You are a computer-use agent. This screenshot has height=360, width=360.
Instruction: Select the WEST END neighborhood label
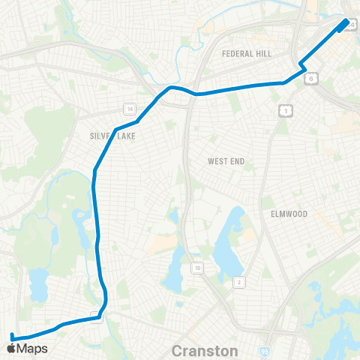pyautogui.click(x=226, y=161)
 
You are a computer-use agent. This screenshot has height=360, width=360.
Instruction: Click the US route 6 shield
pyautogui.click(x=311, y=76)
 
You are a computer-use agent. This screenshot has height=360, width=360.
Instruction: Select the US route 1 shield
pyautogui.click(x=285, y=110)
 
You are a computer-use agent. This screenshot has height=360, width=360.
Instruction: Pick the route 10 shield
pyautogui.click(x=196, y=267)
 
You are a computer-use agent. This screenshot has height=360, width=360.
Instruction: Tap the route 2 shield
pyautogui.click(x=238, y=281)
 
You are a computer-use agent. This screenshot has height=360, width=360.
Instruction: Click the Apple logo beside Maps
pyautogui.click(x=11, y=348)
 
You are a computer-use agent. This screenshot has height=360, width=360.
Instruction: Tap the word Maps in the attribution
pyautogui.click(x=32, y=348)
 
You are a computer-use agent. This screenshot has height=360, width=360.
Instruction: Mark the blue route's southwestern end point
pyautogui.click(x=13, y=334)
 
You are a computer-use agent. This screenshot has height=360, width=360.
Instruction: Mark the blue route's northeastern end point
pyautogui.click(x=346, y=23)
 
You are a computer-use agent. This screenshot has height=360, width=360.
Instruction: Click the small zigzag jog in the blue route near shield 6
pyautogui.click(x=302, y=67)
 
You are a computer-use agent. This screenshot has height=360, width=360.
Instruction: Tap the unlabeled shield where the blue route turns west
pyautogui.click(x=96, y=316)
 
